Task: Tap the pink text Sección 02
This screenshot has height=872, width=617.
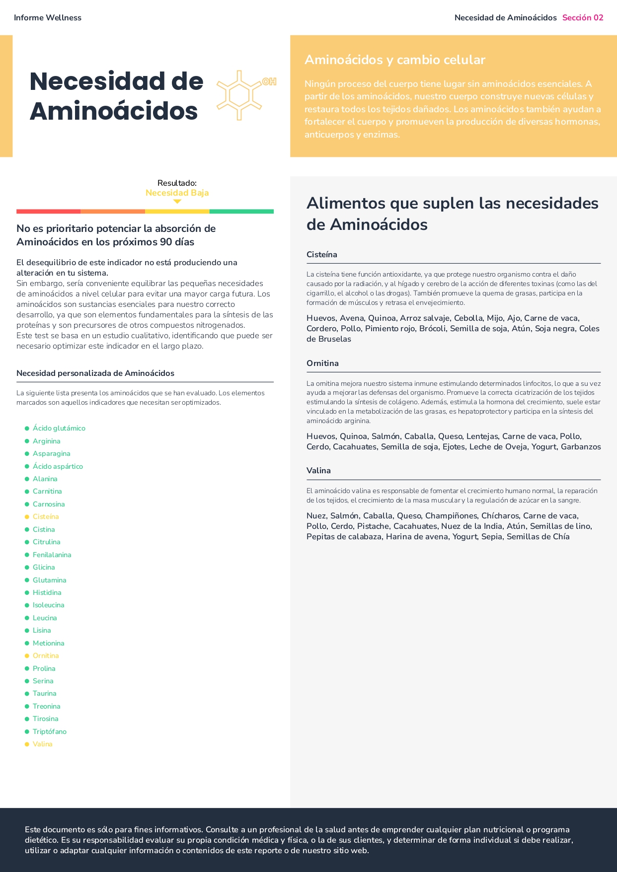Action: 582,18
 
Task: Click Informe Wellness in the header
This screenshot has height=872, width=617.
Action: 48,18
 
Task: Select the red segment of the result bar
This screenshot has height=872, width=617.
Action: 48,212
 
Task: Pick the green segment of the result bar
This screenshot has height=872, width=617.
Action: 241,212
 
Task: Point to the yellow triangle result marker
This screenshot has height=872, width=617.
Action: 177,202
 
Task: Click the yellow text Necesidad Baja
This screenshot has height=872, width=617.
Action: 177,193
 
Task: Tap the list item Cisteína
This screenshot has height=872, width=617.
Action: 46,516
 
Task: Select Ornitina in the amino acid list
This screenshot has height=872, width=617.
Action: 46,655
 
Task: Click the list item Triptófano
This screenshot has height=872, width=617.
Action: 50,731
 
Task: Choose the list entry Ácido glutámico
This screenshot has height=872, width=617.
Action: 59,428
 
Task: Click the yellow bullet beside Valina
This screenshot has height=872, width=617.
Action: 27,744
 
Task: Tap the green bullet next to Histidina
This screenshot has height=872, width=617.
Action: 27,592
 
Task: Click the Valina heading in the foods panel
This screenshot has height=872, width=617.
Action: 318,470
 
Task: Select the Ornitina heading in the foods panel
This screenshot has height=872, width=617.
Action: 322,363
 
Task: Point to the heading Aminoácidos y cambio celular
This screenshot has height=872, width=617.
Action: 394,60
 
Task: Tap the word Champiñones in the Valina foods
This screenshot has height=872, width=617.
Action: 451,515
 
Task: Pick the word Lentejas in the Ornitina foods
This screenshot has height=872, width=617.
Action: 482,436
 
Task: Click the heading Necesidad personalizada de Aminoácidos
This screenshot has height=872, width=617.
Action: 95,373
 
